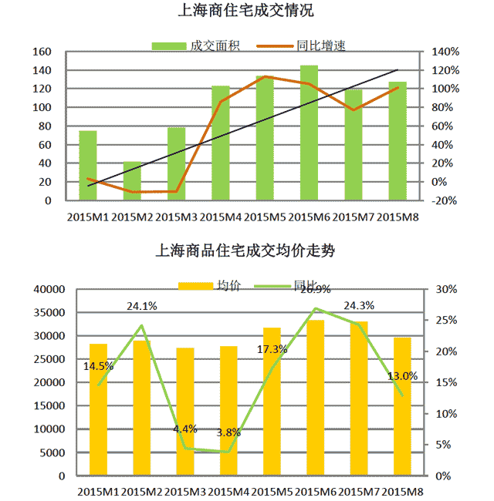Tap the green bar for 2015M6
tap(309, 133)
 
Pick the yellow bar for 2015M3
tap(185, 412)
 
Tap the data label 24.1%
tap(142, 306)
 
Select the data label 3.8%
tap(228, 432)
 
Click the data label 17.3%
tap(272, 349)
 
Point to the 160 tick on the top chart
tap(42, 52)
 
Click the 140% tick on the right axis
tap(445, 52)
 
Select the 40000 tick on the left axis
tap(49, 289)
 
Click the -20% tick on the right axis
tap(445, 200)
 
